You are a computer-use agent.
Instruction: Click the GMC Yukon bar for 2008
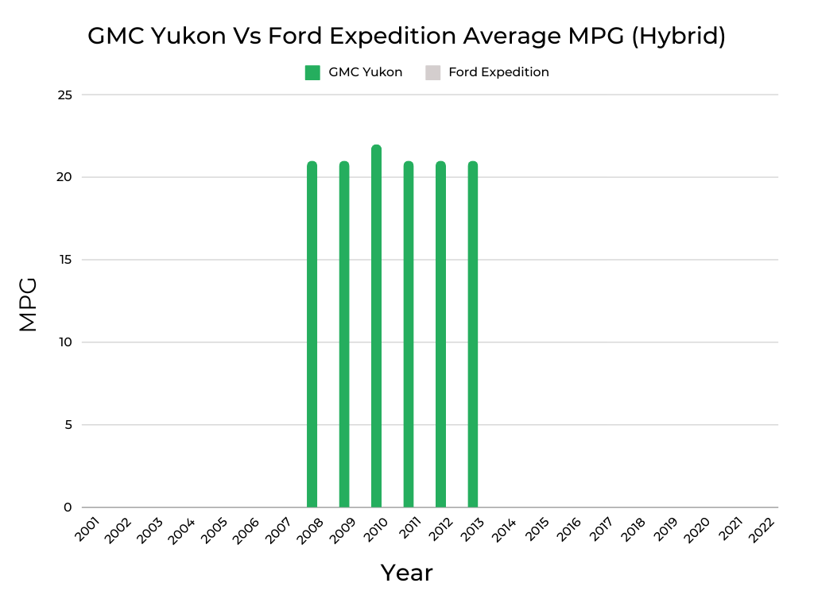[x=312, y=334]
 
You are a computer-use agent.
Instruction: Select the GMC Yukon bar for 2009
[x=344, y=334]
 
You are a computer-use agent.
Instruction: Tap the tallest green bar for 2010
[x=376, y=326]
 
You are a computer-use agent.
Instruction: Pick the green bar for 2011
[x=409, y=334]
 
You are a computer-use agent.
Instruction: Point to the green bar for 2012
[x=440, y=334]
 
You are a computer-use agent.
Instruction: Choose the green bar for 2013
[x=473, y=334]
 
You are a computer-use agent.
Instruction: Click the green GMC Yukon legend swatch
[x=312, y=72]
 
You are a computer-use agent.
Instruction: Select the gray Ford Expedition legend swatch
[x=432, y=72]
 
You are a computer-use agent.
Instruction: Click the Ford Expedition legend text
[x=498, y=72]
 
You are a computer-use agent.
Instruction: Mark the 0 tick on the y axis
[x=68, y=508]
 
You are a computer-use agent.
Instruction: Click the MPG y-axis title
[x=29, y=304]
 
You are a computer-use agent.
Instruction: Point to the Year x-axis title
[x=406, y=573]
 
